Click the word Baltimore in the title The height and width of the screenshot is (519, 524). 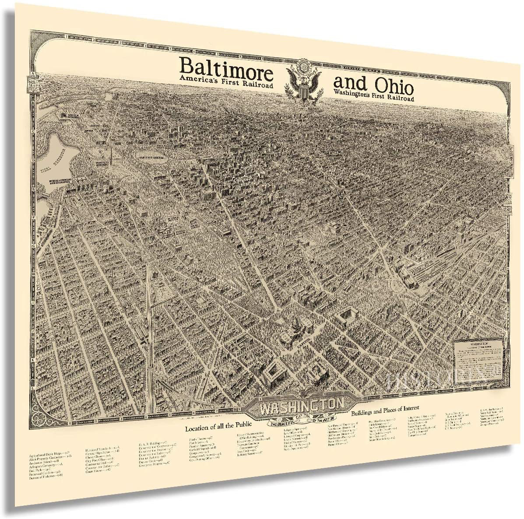coord(226,68)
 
